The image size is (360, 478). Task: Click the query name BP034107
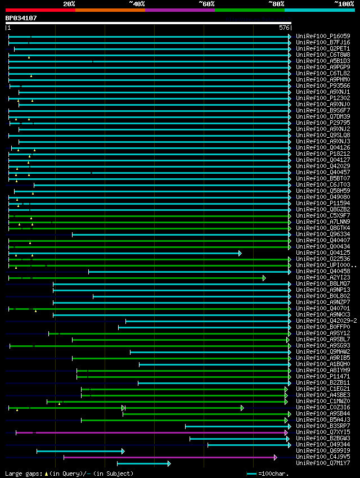(21, 18)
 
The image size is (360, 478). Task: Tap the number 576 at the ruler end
(284, 28)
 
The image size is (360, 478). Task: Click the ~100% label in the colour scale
(344, 3)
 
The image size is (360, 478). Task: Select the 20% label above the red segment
(69, 3)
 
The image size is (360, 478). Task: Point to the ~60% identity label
(206, 3)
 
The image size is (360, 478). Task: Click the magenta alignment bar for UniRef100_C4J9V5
(169, 457)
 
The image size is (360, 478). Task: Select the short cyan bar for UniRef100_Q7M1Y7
(143, 463)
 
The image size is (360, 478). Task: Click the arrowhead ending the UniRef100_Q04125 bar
(240, 253)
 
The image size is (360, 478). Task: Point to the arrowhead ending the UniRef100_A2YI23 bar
(264, 278)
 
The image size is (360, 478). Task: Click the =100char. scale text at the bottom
(276, 474)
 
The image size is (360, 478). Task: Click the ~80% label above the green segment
(276, 3)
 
